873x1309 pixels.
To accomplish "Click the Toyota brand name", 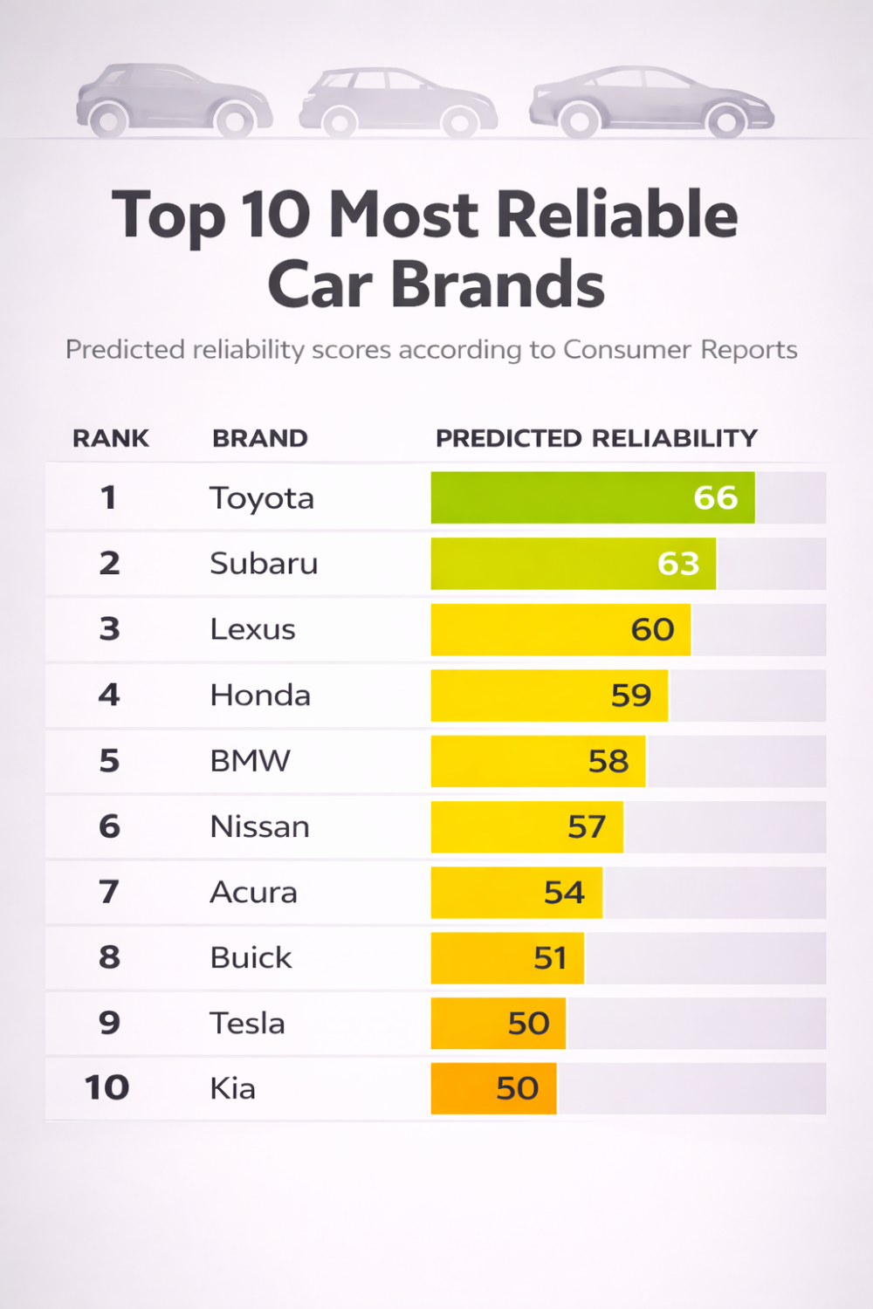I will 262,498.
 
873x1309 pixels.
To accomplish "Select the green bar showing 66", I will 593,497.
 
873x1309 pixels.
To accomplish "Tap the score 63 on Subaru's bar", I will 678,564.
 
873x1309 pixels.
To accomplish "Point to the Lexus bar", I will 560,629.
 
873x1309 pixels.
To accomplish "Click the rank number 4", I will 109,695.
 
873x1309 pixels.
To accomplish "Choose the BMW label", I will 250,761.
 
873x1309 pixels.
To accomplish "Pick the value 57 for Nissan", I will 587,826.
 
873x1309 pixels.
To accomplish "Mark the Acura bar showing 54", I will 516,892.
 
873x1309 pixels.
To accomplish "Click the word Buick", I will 251,957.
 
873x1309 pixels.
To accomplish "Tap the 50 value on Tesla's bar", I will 529,1023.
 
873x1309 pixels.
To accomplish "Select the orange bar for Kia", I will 493,1088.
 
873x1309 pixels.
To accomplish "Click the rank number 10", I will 107,1088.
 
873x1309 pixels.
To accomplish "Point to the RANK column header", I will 111,438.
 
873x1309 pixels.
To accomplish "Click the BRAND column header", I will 260,438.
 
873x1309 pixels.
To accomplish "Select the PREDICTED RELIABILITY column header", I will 596,438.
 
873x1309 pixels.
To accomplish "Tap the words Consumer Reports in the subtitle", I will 680,349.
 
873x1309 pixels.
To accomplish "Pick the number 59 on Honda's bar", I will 631,696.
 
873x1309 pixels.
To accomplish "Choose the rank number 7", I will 109,892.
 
